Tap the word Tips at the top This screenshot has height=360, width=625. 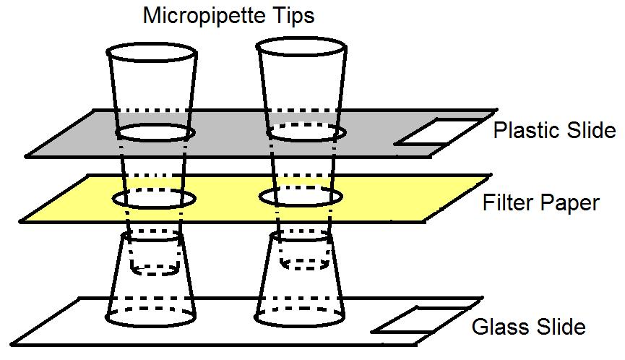[x=292, y=15]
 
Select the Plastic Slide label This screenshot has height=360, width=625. [x=554, y=130]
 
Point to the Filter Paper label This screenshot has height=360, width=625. [x=540, y=202]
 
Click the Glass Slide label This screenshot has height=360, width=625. [x=528, y=327]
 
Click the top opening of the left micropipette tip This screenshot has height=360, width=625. [x=151, y=55]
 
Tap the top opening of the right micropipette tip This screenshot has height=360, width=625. [x=301, y=51]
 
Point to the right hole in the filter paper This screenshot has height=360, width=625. [x=300, y=197]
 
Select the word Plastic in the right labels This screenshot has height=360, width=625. [x=525, y=130]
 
